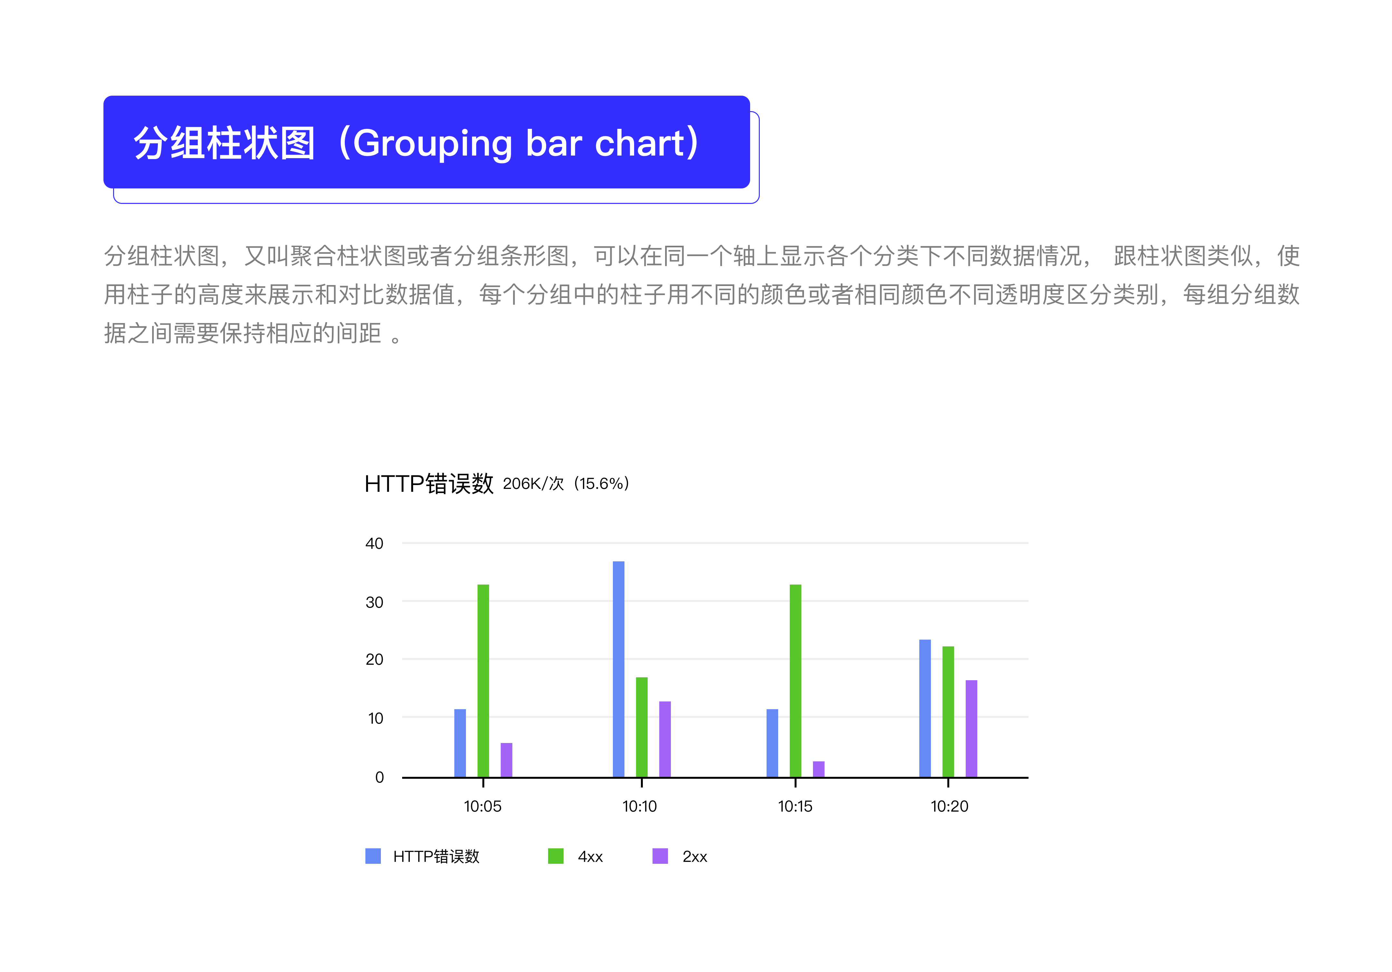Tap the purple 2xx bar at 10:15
pyautogui.click(x=818, y=769)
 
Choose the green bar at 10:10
pyautogui.click(x=642, y=727)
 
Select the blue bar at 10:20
pyautogui.click(x=925, y=709)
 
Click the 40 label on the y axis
pyautogui.click(x=374, y=544)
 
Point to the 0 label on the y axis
pyautogui.click(x=380, y=777)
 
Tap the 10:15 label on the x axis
pyautogui.click(x=795, y=806)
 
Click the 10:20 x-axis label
pyautogui.click(x=949, y=806)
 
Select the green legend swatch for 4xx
pyautogui.click(x=556, y=856)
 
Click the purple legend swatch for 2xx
pyautogui.click(x=660, y=856)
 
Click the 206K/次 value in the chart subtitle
pyautogui.click(x=534, y=483)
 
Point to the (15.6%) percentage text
pyautogui.click(x=601, y=483)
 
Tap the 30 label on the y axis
pyautogui.click(x=374, y=602)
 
